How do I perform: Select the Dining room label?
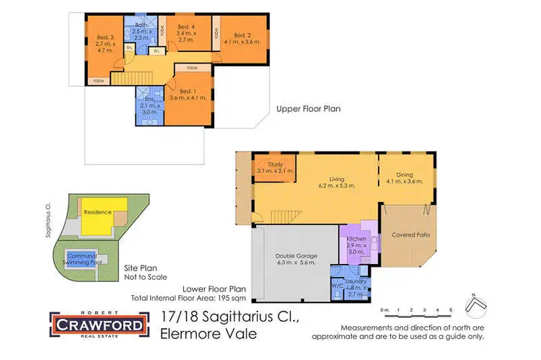[405, 174]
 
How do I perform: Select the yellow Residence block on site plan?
[97, 213]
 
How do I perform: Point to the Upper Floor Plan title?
[309, 110]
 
